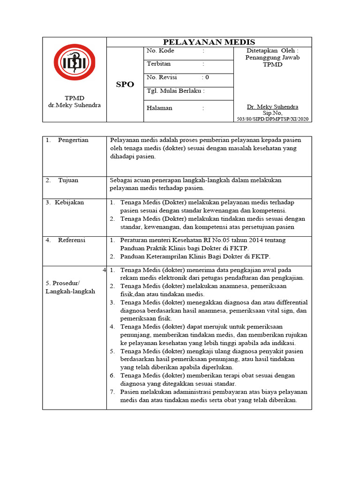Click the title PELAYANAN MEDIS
coord(209,42)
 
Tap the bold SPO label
coord(125,84)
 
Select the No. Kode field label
coord(160,51)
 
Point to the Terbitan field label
coord(159,64)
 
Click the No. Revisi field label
coord(163,77)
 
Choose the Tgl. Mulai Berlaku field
coord(176,91)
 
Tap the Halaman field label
coord(159,108)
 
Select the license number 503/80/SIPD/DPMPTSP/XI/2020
coord(272,119)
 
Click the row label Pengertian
coord(73,140)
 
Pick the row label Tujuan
coord(68,180)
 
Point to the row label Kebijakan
coord(69,202)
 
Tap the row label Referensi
coord(72,240)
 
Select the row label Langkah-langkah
coord(70,291)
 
